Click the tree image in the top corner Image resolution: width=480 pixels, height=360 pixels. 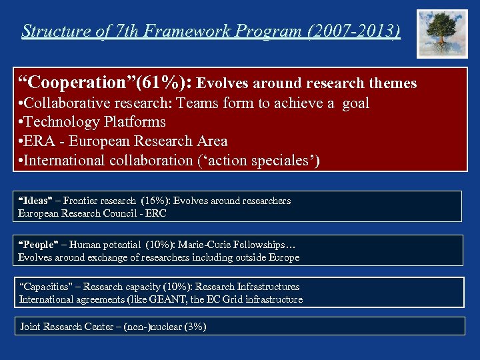pos(442,33)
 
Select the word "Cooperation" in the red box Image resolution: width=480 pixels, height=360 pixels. pos(74,83)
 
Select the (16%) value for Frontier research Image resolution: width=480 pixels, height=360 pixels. pos(155,201)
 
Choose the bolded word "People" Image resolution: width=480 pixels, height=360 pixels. pos(36,245)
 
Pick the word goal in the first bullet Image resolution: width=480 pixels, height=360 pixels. pos(355,103)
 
